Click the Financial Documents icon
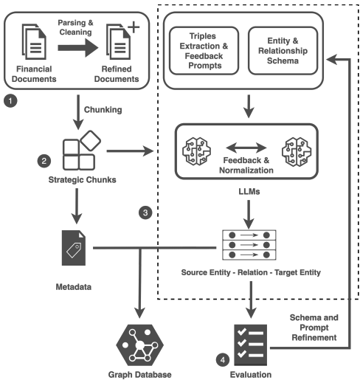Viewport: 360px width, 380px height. (34, 41)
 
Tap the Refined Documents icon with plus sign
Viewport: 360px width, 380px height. (122, 41)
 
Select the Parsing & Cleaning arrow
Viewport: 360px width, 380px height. (78, 48)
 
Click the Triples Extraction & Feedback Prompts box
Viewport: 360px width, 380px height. (204, 51)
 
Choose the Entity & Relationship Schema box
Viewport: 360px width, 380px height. (283, 51)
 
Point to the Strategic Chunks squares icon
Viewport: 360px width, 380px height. (82, 151)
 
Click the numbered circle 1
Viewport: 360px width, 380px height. (10, 101)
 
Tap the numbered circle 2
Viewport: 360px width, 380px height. (44, 161)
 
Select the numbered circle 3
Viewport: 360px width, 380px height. (145, 213)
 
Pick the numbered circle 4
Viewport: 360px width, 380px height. (223, 360)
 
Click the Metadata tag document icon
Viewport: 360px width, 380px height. (74, 248)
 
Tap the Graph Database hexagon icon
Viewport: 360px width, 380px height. (139, 345)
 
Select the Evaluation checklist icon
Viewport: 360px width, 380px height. (251, 345)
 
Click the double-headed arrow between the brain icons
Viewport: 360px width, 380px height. (246, 148)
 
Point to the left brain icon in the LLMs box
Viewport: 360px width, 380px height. (196, 151)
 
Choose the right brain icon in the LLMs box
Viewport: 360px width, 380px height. (297, 152)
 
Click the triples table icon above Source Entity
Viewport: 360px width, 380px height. (249, 245)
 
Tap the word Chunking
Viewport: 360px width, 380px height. (103, 110)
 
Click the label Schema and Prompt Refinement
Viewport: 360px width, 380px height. (314, 328)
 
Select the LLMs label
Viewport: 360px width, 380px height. (249, 192)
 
